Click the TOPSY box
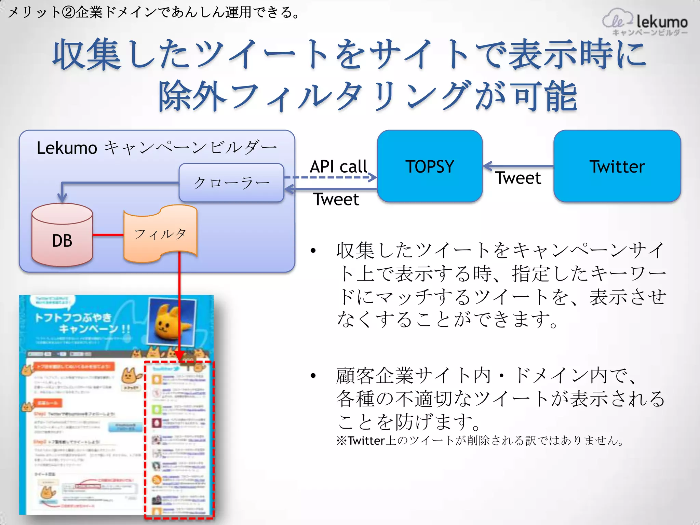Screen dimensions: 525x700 [x=430, y=166]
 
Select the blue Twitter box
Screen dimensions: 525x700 [x=617, y=166]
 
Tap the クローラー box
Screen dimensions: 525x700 [x=231, y=183]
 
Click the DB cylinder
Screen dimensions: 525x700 [x=62, y=239]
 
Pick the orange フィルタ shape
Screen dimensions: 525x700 [x=160, y=234]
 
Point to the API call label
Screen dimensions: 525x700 [x=338, y=167]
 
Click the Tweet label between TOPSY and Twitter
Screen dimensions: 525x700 [x=518, y=178]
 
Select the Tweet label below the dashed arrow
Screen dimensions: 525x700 [x=336, y=199]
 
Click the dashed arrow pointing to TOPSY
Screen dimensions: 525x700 [x=328, y=177]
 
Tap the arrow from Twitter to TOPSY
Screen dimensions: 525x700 [x=518, y=166]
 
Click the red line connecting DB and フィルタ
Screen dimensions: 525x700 [x=108, y=235]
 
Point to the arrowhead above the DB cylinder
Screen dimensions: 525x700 [x=62, y=198]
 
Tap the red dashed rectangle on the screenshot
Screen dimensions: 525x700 [x=179, y=439]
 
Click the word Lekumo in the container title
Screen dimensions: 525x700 [x=67, y=148]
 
